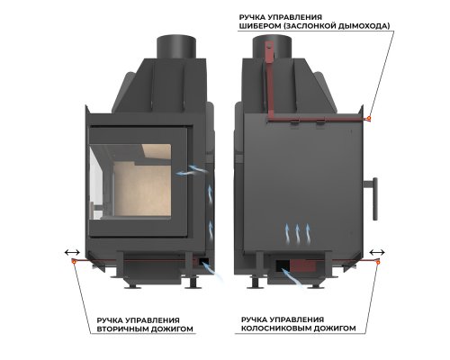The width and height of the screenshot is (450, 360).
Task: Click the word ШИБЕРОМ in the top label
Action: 259,26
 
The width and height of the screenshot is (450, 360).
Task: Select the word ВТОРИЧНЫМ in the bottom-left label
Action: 121,328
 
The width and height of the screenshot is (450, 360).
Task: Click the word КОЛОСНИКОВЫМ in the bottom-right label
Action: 275,328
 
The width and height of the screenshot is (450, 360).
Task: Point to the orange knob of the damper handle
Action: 369,118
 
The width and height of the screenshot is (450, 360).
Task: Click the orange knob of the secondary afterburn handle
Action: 74,261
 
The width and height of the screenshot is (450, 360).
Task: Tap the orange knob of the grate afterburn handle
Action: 378,263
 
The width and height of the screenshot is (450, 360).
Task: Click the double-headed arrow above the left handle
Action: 72,253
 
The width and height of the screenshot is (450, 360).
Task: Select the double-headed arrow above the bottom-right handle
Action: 377,252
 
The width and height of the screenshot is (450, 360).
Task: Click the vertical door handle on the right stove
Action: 375,199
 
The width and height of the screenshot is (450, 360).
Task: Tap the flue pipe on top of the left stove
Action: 176,48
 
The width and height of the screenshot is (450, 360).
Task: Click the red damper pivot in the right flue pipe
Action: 269,48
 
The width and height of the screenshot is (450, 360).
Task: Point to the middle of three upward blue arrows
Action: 297,233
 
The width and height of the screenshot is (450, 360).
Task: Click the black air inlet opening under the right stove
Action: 283,265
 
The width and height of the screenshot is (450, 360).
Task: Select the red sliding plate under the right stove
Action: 303,265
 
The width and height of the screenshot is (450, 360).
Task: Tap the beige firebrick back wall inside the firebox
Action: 142,190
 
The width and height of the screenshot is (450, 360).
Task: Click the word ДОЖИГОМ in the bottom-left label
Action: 170,328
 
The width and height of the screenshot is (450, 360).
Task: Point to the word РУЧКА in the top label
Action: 251,17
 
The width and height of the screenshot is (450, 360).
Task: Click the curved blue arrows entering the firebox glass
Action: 192,170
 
